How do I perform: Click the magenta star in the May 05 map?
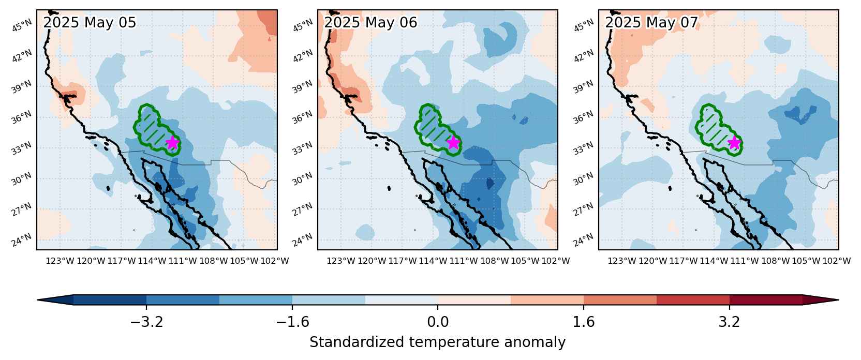tap(173, 143)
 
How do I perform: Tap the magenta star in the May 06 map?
tap(454, 143)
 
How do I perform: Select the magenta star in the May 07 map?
tap(735, 143)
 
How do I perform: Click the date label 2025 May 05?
tap(90, 23)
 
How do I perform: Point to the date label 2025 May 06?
tap(370, 23)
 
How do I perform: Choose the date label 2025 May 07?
tap(651, 23)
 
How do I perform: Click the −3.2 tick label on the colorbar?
tap(146, 322)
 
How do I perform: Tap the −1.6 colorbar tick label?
tap(292, 322)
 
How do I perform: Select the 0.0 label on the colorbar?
tap(438, 322)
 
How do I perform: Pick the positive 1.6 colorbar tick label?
tap(584, 322)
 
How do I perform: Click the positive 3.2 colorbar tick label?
tap(729, 322)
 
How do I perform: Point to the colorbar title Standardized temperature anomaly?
tap(437, 342)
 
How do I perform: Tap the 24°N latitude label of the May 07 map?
tap(584, 239)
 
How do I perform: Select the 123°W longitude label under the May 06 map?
tap(341, 261)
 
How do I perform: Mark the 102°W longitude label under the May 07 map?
tap(836, 261)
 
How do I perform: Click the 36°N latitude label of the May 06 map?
tap(303, 117)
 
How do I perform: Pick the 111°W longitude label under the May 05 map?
tap(183, 261)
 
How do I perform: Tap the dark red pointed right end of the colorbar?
tap(821, 300)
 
